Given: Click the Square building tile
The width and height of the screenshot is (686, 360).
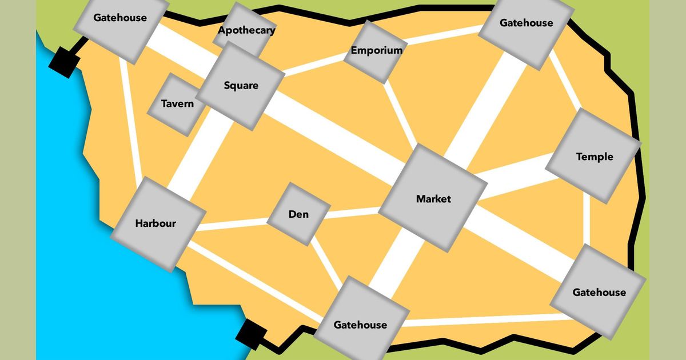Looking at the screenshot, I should (241, 86).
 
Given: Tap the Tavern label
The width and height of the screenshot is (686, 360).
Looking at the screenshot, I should (177, 104).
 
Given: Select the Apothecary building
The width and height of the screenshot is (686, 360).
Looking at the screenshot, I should (246, 30).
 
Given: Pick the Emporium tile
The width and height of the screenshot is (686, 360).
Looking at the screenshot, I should (376, 50).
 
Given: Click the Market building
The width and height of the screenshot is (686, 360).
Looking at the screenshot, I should (433, 199).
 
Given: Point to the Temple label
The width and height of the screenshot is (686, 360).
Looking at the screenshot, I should (594, 157).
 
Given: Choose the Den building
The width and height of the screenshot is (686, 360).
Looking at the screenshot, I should (298, 214).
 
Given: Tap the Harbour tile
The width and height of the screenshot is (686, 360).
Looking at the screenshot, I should (155, 223).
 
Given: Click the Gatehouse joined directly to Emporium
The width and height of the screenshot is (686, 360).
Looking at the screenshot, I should (526, 23).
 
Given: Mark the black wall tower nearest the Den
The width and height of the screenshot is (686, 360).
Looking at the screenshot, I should (252, 334).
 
